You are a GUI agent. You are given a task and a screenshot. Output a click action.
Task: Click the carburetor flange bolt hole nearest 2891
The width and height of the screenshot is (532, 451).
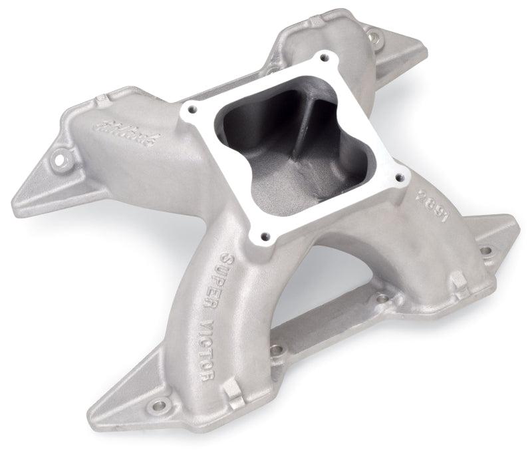400,176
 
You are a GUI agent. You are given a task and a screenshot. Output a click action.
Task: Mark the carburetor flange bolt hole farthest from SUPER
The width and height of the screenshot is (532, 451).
323,59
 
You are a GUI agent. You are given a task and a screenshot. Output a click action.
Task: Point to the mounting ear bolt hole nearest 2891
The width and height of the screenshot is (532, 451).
486,251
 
